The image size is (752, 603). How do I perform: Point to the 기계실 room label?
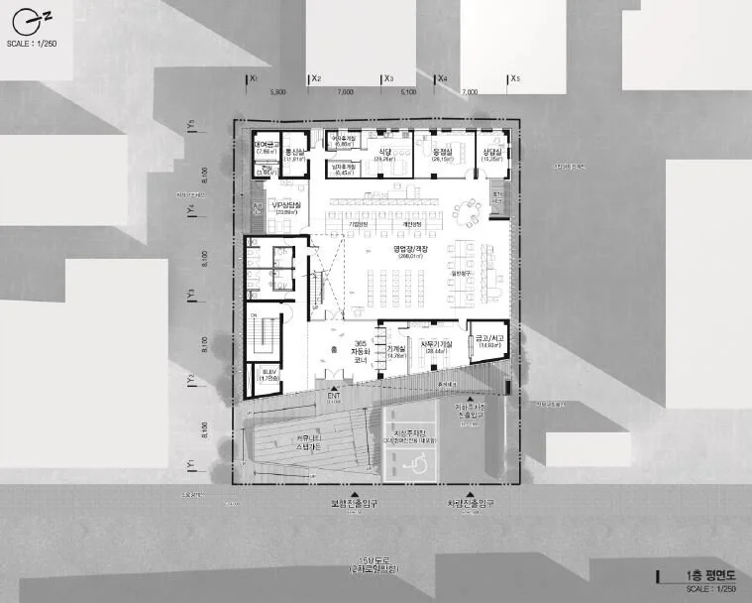396,349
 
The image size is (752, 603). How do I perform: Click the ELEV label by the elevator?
268,372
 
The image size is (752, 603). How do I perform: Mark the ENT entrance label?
333,396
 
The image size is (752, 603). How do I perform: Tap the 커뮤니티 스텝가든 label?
308,443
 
